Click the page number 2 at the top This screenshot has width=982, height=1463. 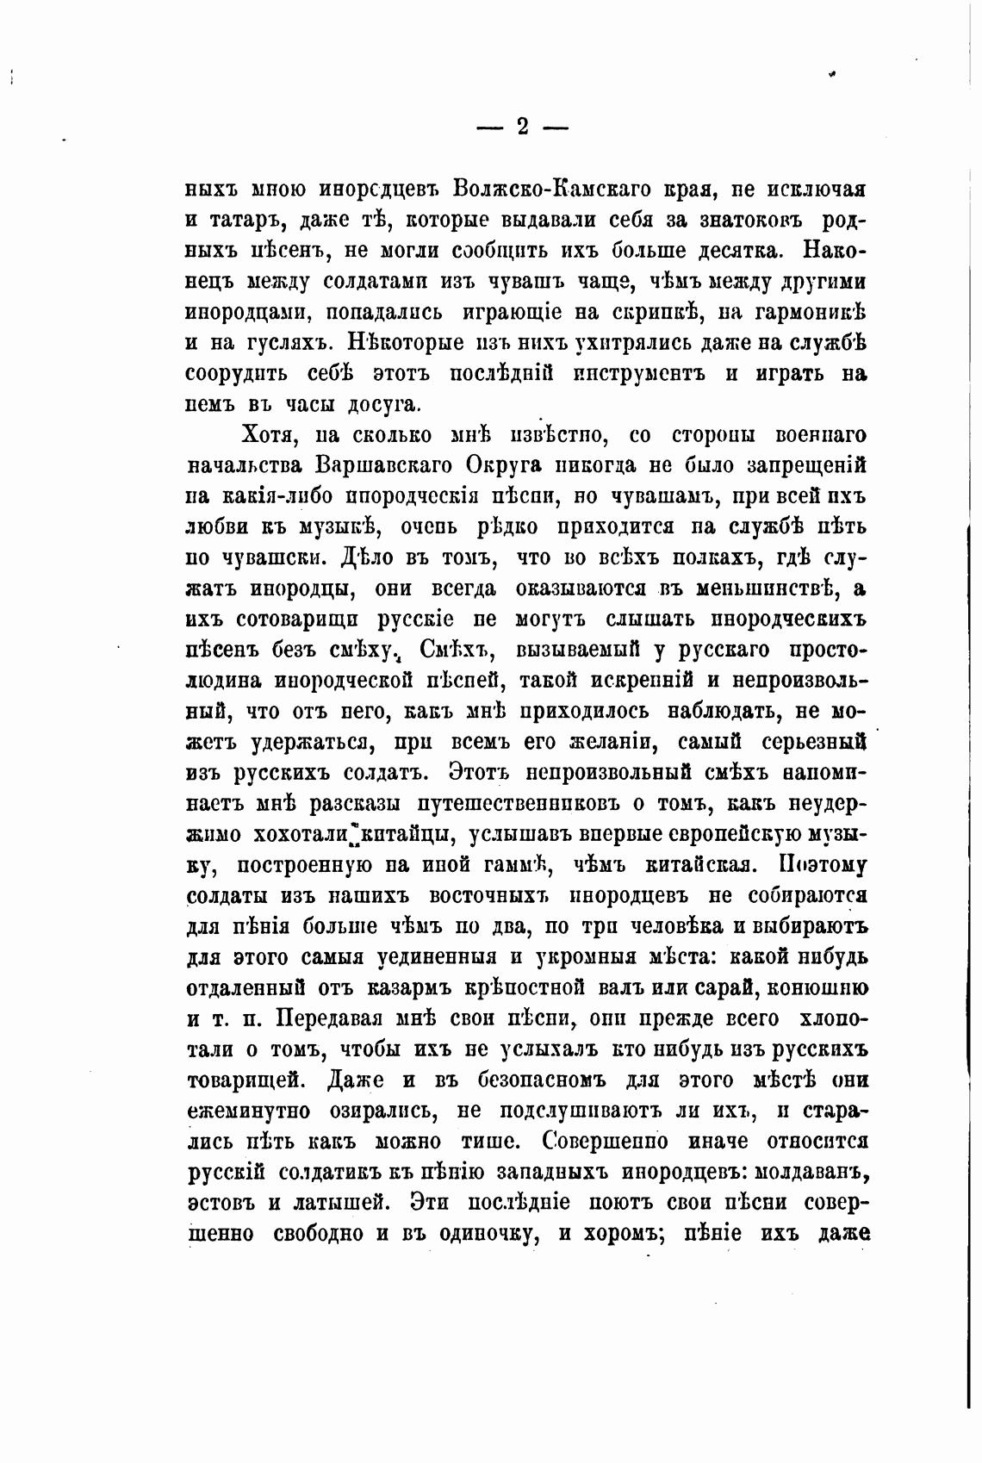[522, 128]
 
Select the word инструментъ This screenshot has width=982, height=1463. [637, 374]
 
